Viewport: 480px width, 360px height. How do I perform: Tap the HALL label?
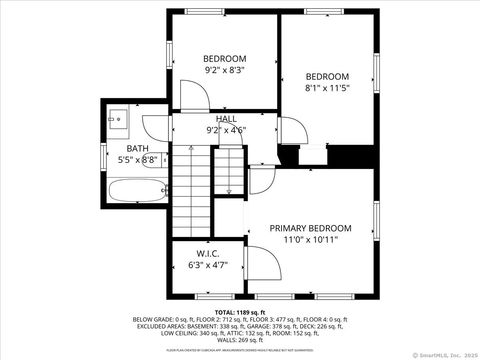225,119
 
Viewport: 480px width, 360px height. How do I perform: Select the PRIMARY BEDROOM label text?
310,228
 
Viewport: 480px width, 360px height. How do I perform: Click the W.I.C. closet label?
208,253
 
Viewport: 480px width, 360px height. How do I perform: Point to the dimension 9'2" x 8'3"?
225,71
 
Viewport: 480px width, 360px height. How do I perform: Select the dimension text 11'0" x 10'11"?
310,240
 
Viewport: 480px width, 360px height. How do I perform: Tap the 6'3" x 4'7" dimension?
208,265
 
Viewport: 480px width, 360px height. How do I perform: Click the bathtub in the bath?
135,191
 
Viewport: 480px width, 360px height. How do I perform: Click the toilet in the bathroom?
155,167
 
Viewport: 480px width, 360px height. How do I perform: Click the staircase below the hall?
195,190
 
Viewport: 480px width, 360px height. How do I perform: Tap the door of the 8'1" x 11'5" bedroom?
292,130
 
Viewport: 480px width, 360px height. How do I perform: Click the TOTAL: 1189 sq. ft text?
240,312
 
